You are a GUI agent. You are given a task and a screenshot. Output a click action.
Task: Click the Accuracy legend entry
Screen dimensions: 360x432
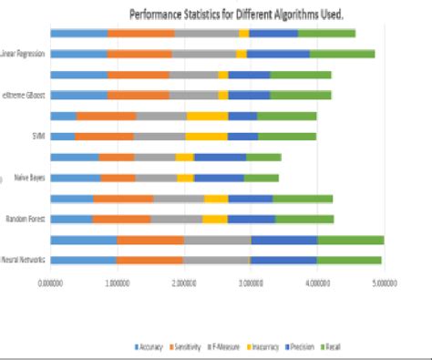(151, 347)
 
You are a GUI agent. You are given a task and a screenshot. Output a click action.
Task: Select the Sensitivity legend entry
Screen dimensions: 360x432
(189, 347)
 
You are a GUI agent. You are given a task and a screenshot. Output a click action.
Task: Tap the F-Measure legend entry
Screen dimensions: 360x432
(227, 347)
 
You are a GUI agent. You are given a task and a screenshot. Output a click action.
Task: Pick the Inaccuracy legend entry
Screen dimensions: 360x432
(266, 347)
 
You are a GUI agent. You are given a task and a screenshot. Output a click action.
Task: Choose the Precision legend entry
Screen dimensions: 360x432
(306, 347)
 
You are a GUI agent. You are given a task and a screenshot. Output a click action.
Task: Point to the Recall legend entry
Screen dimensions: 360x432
(340, 347)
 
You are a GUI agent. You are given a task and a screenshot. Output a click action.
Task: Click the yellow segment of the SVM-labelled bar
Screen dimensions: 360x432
(206, 137)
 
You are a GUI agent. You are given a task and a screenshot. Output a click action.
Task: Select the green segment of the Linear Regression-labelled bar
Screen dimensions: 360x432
(342, 54)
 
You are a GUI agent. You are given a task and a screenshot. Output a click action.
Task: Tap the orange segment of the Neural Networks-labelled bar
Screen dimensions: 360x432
(149, 261)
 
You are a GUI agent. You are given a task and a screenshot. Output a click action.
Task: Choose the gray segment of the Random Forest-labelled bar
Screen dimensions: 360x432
(176, 220)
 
